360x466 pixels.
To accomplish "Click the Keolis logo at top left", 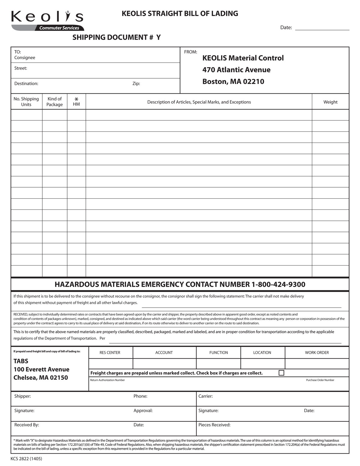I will (47, 20).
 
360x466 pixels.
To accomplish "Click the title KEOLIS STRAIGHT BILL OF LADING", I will (180, 14).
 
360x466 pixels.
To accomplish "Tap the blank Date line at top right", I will (322, 27).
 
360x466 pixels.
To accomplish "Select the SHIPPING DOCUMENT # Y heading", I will (116, 38).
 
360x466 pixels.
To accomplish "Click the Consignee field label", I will (25, 58).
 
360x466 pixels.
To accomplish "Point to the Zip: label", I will (136, 83).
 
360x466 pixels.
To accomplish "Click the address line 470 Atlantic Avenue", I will (236, 70).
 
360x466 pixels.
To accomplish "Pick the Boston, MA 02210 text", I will (233, 82).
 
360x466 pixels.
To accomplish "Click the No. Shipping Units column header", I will (26, 102).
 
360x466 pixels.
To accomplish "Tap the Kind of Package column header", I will (55, 102).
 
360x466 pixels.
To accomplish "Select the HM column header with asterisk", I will (76, 102).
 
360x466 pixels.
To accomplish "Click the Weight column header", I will (330, 102).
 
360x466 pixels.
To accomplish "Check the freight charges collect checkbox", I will (281, 373).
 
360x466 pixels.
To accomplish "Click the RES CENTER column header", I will (110, 353).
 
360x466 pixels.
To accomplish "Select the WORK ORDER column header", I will (317, 353).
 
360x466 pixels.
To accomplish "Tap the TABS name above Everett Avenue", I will (21, 361).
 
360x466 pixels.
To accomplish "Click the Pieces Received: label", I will (214, 425).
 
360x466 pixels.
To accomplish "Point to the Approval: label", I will (143, 410).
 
